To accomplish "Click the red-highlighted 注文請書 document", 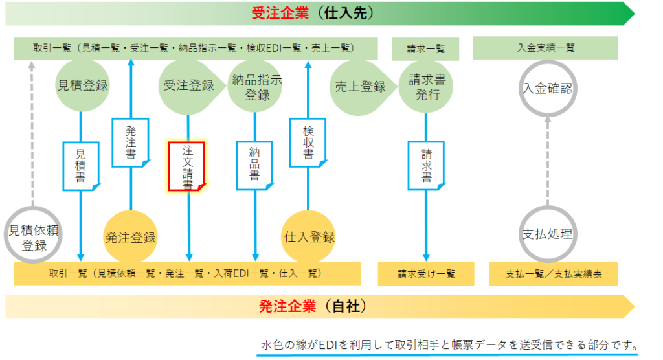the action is pos(187,166).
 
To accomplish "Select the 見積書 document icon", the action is pos(81,166).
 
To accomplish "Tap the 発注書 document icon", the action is pos(131,142).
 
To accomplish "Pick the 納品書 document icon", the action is pos(254,165).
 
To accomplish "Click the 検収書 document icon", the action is pos(308,142).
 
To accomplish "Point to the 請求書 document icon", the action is pos(426,165).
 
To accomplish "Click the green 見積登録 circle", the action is pos(82,85).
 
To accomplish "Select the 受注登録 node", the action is pos(191,86).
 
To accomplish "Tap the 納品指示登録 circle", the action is pos(255,86).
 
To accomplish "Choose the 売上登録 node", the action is pos(363,87).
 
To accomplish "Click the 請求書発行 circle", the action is pos(426,87).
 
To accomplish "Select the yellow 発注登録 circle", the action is pos(131,237).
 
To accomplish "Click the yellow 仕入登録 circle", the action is pos(308,237).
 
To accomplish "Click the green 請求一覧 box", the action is pos(425,49).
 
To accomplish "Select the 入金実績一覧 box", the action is pos(545,48).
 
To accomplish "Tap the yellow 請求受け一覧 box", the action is pos(426,274).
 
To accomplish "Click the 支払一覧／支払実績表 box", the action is pos(554,274).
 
